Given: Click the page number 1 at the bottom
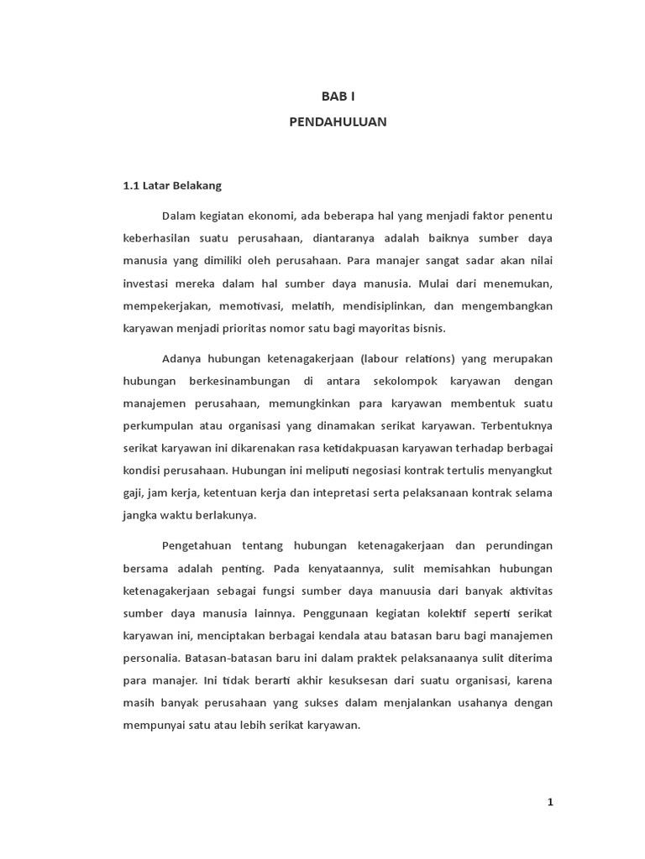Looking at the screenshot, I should tap(550, 802).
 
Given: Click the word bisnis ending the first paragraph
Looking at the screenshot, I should tap(427, 328).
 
